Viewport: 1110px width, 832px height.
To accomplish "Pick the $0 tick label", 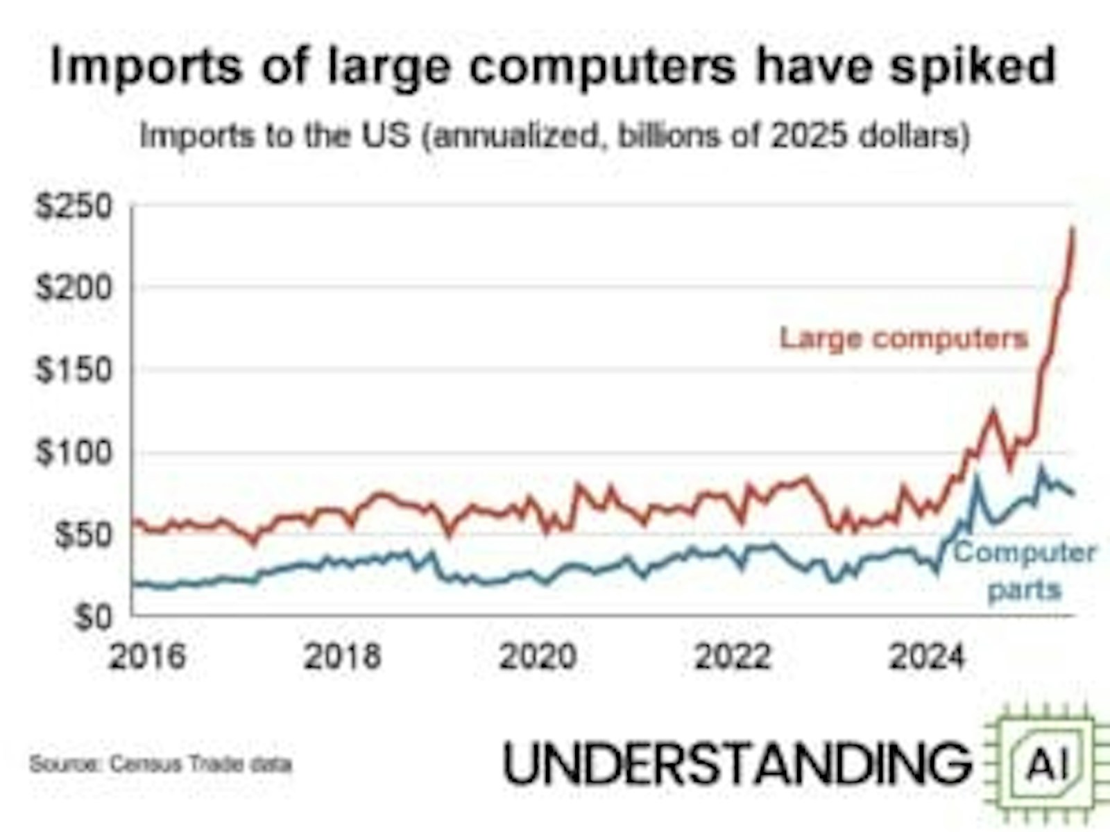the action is click(x=93, y=617).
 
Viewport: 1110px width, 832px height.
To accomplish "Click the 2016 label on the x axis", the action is click(x=147, y=657).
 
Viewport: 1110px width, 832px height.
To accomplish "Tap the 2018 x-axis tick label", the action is click(x=342, y=657).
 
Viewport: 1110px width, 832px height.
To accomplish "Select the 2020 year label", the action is click(x=538, y=657).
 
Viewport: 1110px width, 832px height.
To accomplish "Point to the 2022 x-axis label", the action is click(x=733, y=657).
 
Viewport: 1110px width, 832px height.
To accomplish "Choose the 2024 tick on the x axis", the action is click(x=928, y=657).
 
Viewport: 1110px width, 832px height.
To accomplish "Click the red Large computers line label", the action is click(x=904, y=338).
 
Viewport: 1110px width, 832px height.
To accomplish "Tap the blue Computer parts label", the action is click(x=1025, y=571).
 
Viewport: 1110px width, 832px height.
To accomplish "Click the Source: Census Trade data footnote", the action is click(x=161, y=764).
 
